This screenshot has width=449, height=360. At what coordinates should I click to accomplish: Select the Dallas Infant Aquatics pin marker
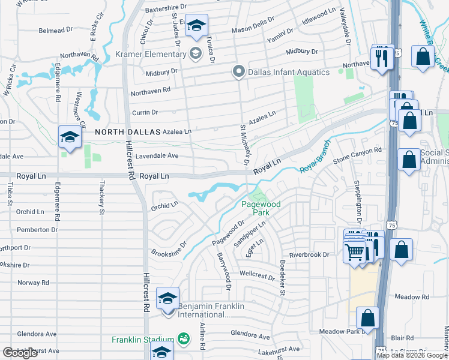coord(238,72)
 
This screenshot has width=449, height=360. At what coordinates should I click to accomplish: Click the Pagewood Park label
coord(261,208)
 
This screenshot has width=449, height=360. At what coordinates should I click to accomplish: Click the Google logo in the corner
coord(20,353)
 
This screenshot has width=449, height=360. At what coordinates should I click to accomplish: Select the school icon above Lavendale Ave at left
coord(70,137)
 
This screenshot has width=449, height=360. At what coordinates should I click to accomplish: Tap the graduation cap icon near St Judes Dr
coord(196,26)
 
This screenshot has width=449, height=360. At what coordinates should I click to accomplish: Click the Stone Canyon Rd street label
coord(358,155)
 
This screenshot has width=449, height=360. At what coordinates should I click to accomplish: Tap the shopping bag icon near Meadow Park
coord(367,319)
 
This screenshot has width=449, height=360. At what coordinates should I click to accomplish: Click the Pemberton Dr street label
coord(37,230)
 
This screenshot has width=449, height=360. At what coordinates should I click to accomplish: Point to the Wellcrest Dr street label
coord(256,275)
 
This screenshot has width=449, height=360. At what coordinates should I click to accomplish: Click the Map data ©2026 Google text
coord(412,355)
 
